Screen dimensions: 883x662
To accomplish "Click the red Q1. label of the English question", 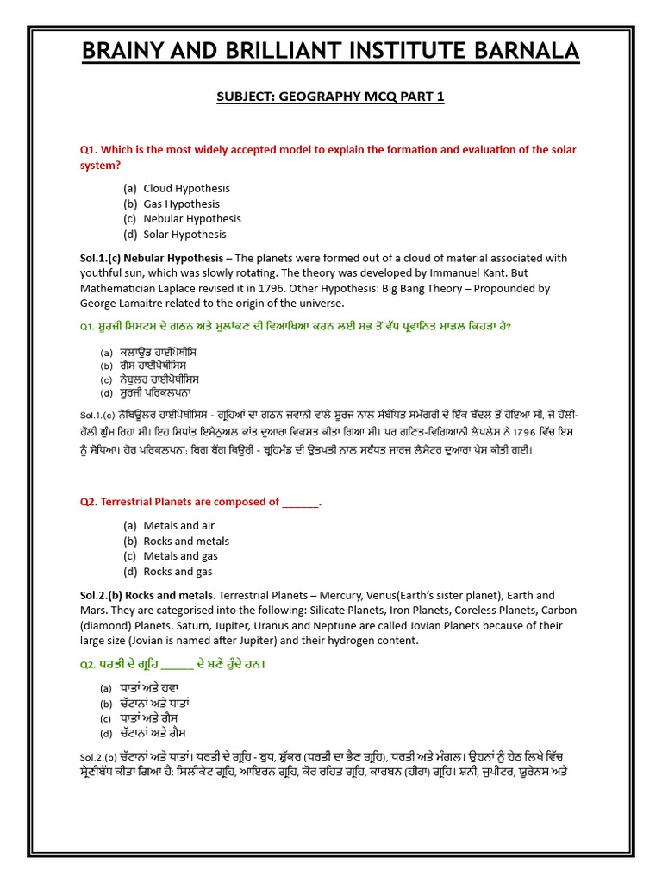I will [x=91, y=149].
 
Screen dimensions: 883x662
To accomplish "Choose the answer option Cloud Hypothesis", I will [x=186, y=188].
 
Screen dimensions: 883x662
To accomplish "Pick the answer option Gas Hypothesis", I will [x=181, y=204].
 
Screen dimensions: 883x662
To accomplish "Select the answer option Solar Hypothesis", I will [x=184, y=234].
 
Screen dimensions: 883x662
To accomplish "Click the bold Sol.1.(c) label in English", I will [x=102, y=258].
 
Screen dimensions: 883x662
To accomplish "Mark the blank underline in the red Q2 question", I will [x=301, y=502].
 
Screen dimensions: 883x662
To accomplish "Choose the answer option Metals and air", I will [x=179, y=525].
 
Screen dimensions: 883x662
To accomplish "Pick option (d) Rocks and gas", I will [x=178, y=571].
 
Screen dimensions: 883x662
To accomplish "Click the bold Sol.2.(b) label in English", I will [x=102, y=595].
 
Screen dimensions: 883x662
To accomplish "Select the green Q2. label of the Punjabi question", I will [x=89, y=665].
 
